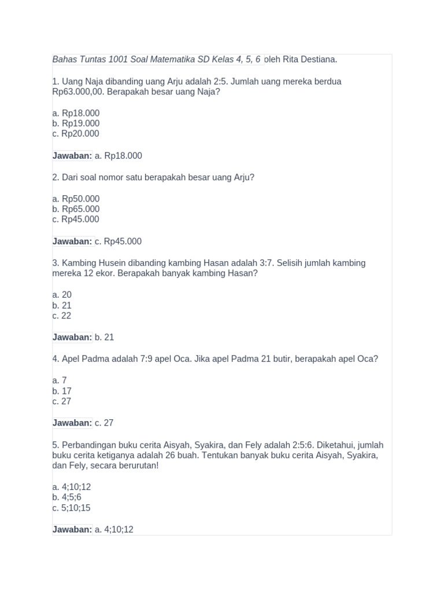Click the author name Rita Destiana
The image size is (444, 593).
310,60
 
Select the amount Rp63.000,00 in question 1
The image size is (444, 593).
78,92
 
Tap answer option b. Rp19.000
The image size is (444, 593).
76,123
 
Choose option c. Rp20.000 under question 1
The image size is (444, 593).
76,134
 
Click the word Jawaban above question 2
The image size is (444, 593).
72,156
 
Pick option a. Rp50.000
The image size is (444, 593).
76,199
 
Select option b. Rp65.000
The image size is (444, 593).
76,209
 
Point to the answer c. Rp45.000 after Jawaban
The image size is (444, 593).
118,241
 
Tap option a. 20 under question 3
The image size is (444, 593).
62,295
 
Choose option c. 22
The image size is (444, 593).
62,316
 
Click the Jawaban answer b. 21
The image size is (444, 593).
104,337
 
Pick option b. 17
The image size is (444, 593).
62,391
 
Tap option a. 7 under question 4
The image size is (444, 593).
60,380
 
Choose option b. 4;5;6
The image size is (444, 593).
66,497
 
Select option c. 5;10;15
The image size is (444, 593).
71,508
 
